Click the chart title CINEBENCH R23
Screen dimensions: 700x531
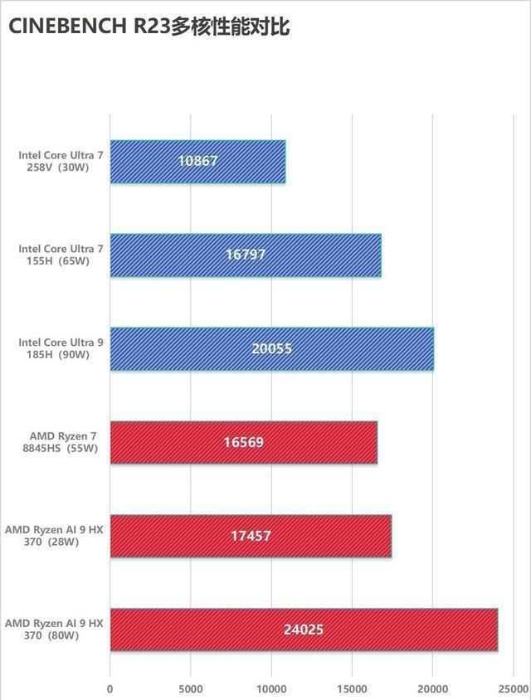pyautogui.click(x=149, y=26)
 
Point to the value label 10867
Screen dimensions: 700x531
pyautogui.click(x=197, y=161)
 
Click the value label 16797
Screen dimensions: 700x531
pyautogui.click(x=246, y=255)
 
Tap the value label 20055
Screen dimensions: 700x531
pyautogui.click(x=271, y=348)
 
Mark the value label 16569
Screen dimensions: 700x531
pyautogui.click(x=243, y=442)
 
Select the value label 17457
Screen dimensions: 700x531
pyautogui.click(x=251, y=536)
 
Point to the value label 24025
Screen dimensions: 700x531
pyautogui.click(x=303, y=630)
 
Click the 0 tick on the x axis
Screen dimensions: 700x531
pyautogui.click(x=110, y=688)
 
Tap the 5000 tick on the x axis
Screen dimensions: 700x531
pyautogui.click(x=191, y=688)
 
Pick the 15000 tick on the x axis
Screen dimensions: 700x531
pyautogui.click(x=352, y=688)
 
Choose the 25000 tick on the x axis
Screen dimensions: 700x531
pyautogui.click(x=513, y=688)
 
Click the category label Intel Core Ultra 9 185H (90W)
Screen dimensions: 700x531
pyautogui.click(x=61, y=348)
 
